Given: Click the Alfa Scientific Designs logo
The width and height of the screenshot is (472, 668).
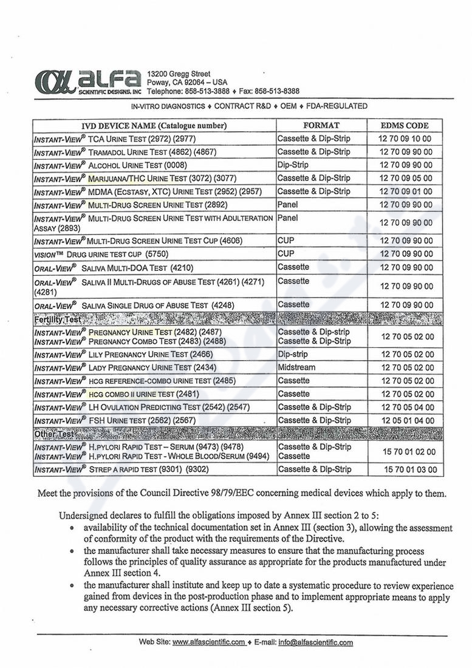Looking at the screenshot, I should click(88, 82).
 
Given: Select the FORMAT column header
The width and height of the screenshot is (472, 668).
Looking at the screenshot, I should click(321, 126).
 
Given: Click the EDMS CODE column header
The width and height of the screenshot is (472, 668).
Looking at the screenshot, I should click(405, 126).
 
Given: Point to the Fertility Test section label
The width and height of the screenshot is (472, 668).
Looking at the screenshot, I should click(58, 319).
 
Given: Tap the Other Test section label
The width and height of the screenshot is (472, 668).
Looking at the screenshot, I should click(54, 434).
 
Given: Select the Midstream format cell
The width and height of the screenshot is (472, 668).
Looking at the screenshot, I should click(296, 367).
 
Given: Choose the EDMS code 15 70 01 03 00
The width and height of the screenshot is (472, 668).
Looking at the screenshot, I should click(409, 469).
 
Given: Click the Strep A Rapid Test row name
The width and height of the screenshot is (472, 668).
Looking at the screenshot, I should click(121, 469).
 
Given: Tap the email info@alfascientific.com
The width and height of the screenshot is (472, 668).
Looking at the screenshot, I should click(315, 642).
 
